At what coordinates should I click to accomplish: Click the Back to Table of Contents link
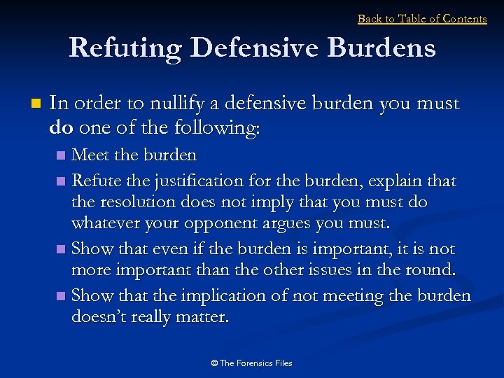[422, 19]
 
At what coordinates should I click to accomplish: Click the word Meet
[88, 154]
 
